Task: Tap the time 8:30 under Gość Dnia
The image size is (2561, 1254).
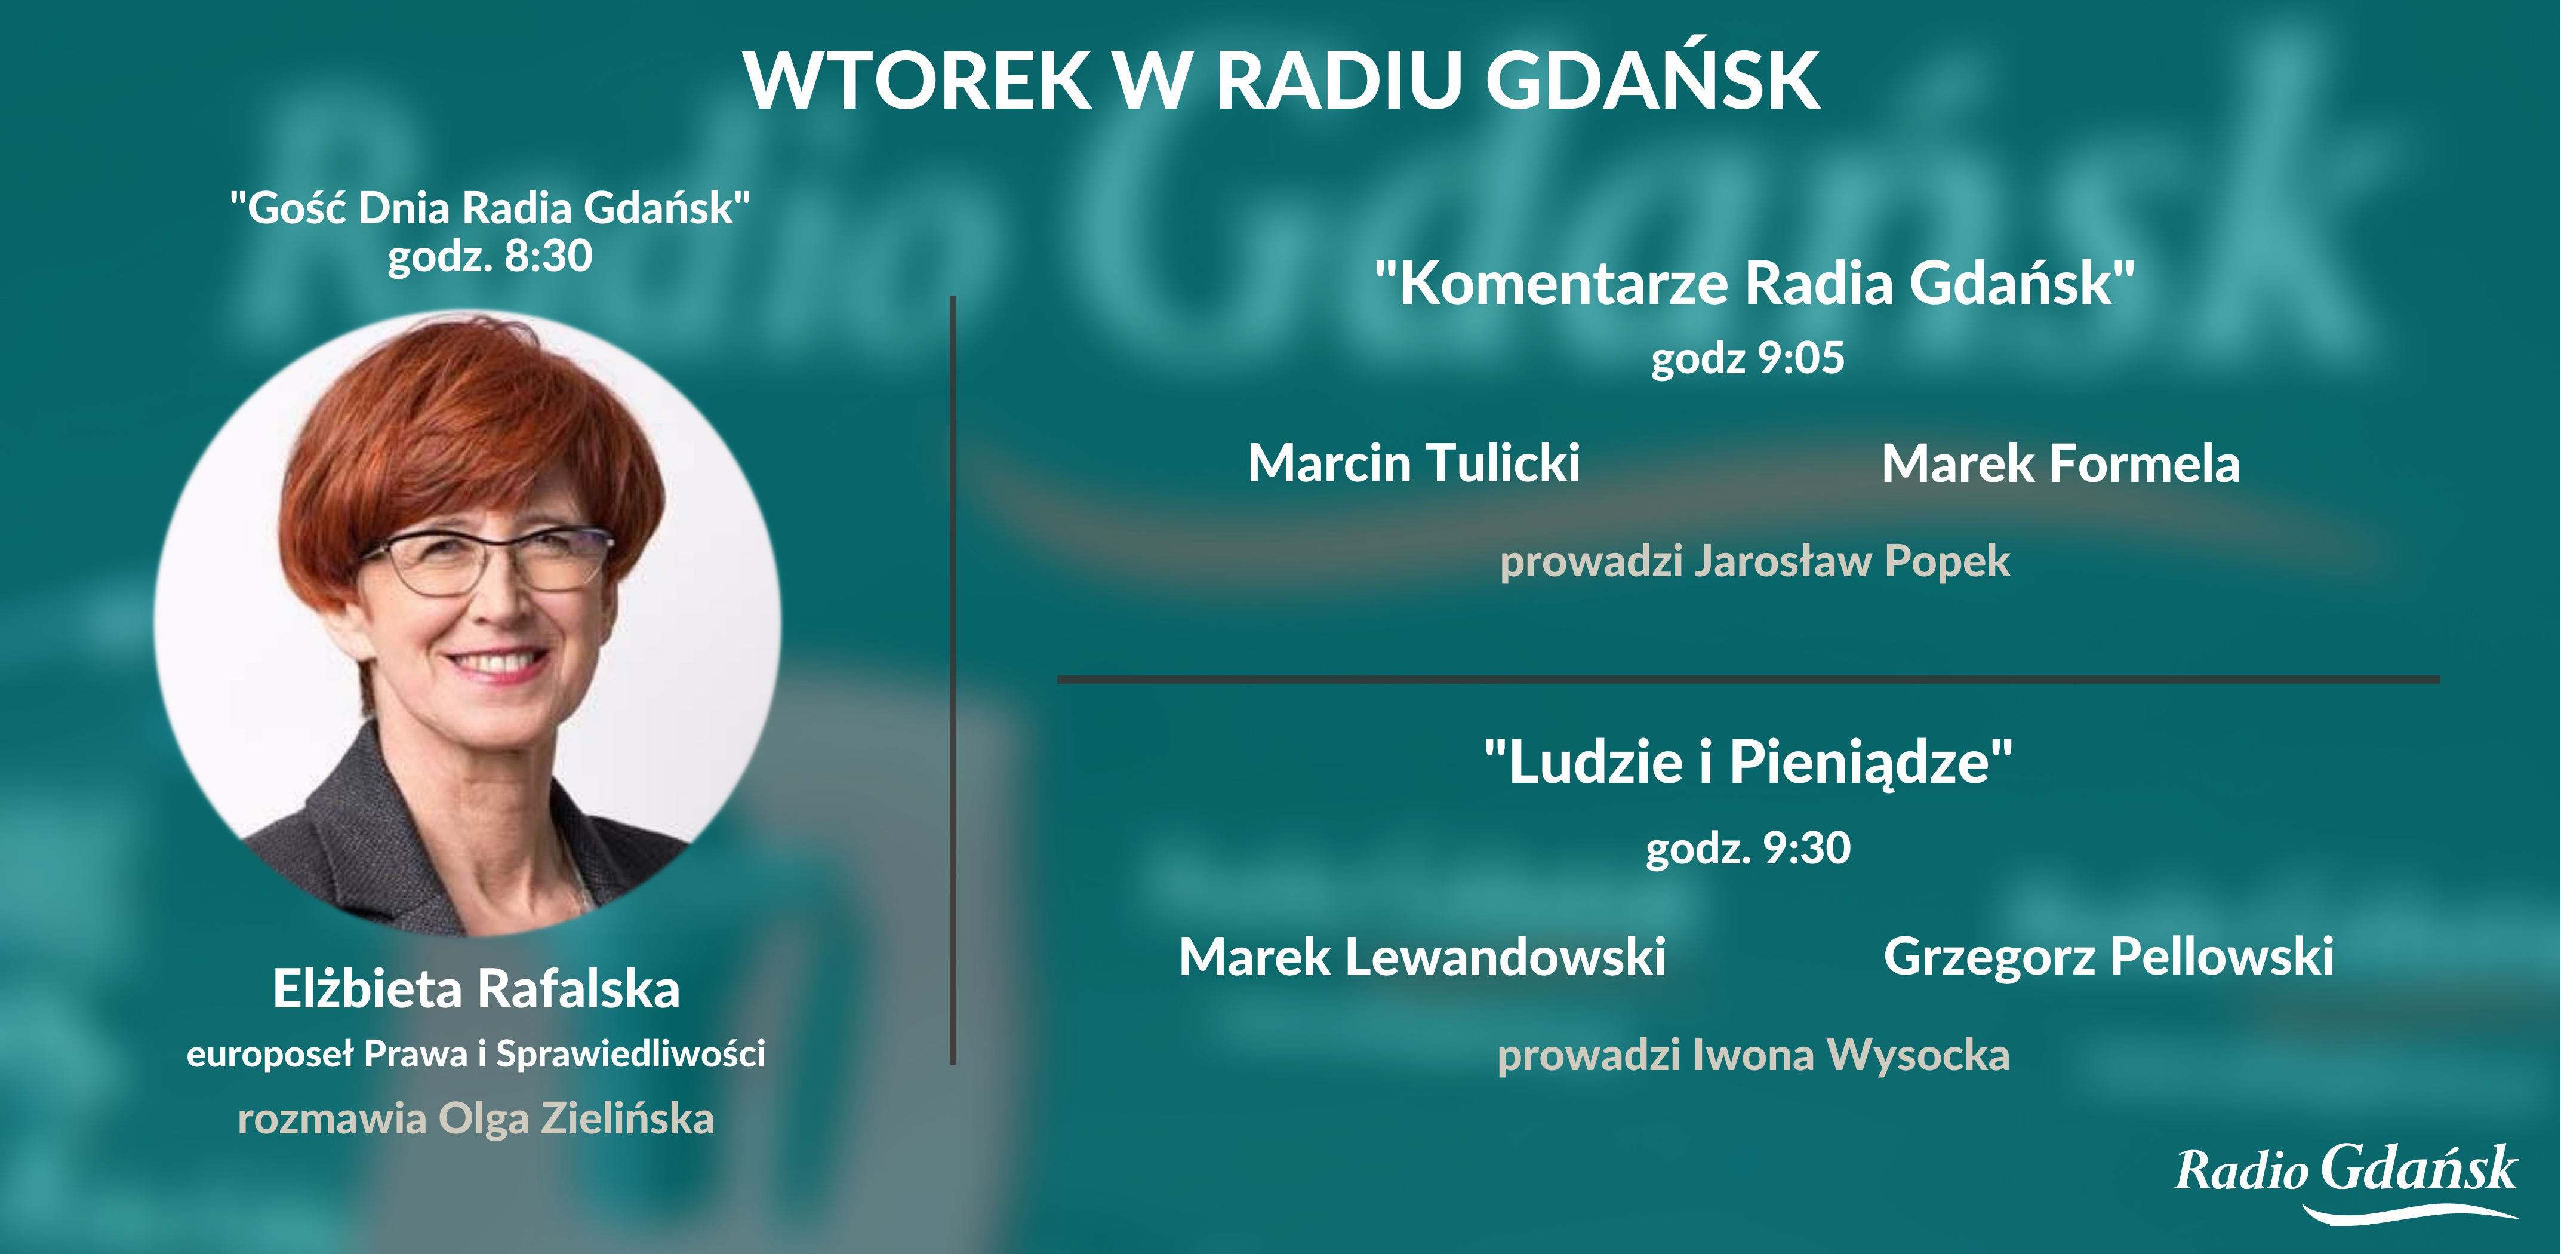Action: (x=549, y=256)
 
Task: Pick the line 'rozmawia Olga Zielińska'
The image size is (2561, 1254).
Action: (x=475, y=1119)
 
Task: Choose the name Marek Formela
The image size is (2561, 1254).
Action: (x=2061, y=463)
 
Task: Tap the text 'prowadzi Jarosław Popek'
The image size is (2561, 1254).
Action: (x=1754, y=561)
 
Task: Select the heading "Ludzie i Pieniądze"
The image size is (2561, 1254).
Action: (x=1748, y=762)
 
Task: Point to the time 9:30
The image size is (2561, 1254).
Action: (x=1806, y=847)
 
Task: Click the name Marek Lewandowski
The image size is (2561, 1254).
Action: (x=1421, y=957)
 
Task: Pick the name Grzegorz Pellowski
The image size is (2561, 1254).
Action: (x=2108, y=957)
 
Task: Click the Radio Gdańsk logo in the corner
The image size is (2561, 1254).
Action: (x=2346, y=1181)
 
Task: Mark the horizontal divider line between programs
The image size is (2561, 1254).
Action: (x=1748, y=679)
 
